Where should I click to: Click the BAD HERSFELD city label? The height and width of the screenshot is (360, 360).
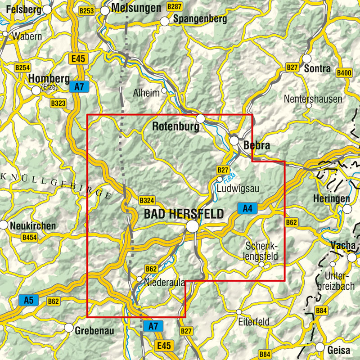(184, 214)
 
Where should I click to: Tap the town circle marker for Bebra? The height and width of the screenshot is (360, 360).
(234, 141)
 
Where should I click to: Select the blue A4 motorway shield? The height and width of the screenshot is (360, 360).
(247, 208)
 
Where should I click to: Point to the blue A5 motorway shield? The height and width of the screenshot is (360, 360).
(28, 299)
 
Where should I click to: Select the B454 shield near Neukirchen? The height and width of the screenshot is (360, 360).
(30, 237)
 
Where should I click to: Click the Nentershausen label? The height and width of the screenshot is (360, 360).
(313, 99)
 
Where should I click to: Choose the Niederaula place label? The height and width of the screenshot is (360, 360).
(165, 283)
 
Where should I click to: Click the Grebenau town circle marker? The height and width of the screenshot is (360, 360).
(69, 328)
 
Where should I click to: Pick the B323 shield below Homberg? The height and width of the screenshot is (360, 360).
(58, 103)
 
